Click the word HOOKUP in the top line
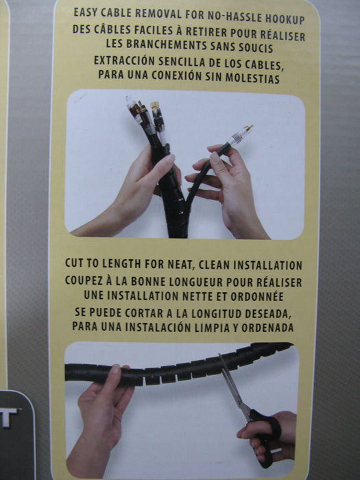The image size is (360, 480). (x=285, y=19)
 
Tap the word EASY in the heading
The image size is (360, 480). (x=86, y=12)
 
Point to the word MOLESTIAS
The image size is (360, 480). (x=252, y=77)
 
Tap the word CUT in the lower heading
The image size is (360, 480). (x=73, y=263)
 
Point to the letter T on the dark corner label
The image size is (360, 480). (x=9, y=418)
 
